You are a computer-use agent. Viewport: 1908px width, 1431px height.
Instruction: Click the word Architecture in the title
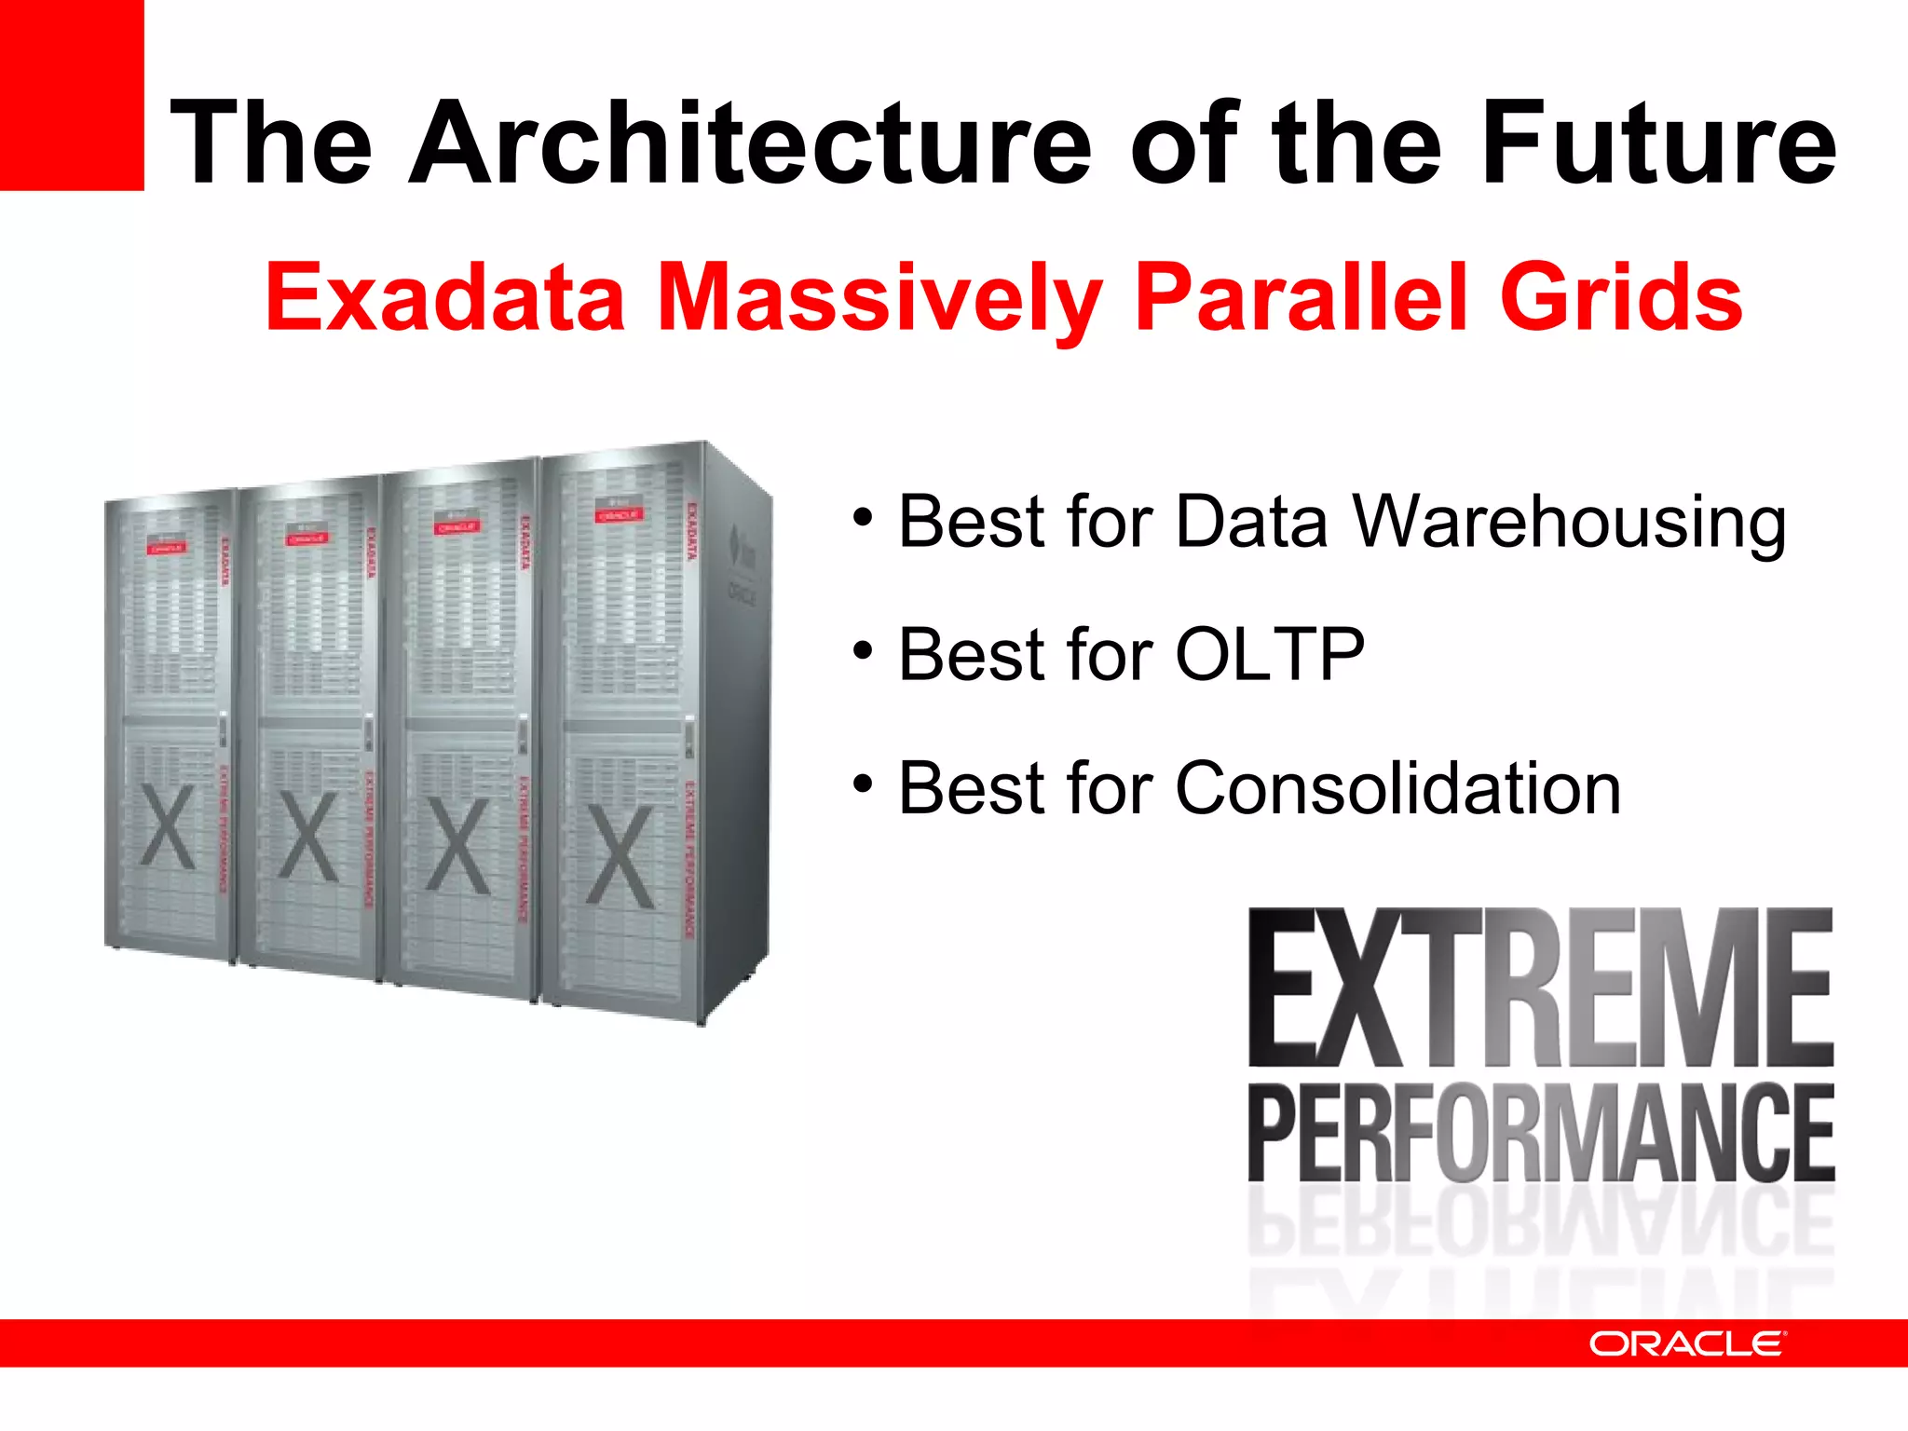(x=750, y=144)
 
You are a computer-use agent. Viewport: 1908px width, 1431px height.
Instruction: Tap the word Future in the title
(x=1658, y=144)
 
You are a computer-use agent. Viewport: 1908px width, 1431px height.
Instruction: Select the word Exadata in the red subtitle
(x=444, y=297)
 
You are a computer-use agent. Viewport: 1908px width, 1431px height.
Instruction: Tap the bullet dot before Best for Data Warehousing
(x=863, y=518)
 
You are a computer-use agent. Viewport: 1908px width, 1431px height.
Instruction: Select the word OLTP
(x=1270, y=655)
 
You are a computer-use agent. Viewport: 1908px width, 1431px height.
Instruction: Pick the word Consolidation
(x=1397, y=788)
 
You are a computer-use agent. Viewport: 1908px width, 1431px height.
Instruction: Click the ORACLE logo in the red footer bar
(x=1686, y=1344)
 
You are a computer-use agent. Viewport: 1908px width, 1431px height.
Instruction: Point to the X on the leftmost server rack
(x=168, y=826)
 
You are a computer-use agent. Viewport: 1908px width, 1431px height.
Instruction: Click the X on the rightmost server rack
(x=620, y=857)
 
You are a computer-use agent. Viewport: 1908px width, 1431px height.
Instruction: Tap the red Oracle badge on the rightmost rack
(x=618, y=514)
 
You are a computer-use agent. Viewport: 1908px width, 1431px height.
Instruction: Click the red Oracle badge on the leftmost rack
(x=166, y=548)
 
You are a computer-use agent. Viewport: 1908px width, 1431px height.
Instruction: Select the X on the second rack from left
(x=308, y=837)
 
